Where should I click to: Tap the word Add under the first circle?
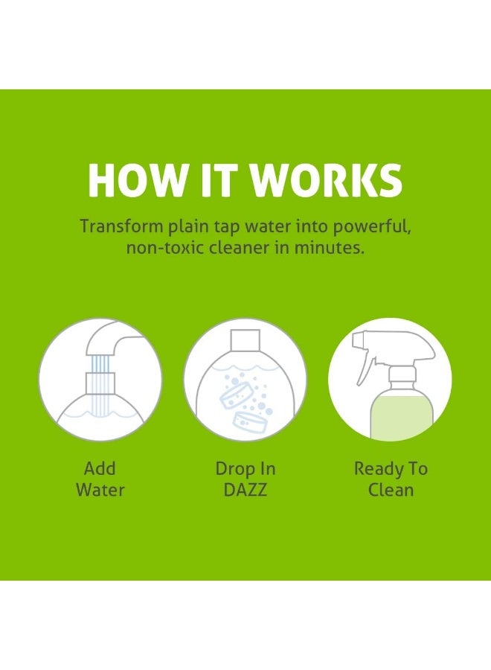100,469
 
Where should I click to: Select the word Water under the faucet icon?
100,490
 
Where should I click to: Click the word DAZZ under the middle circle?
245,490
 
